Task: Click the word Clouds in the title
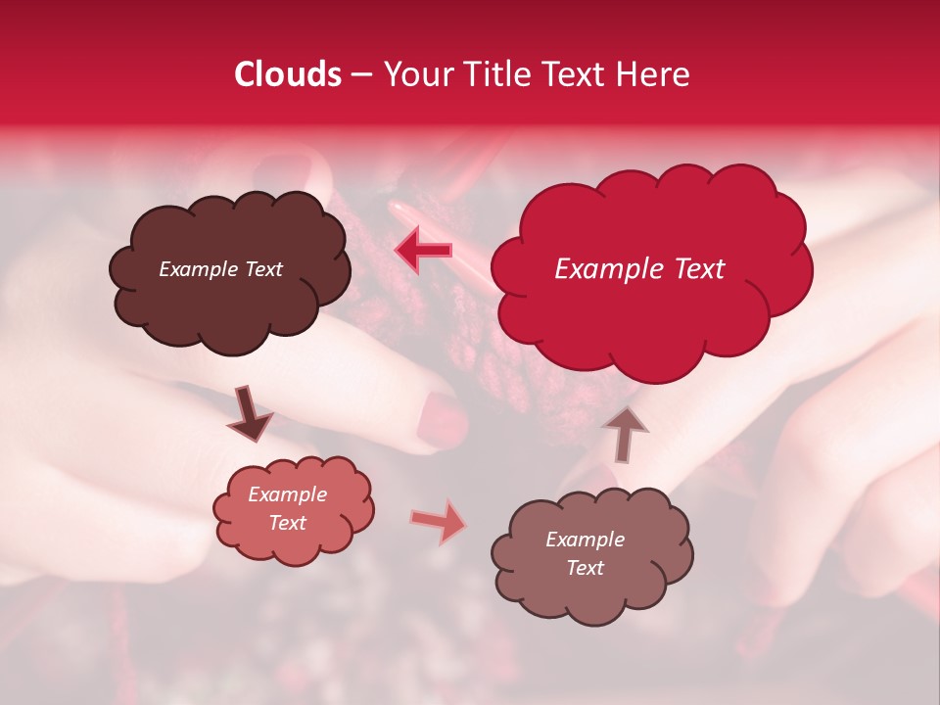click(288, 74)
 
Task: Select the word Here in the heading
click(653, 74)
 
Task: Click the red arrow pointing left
click(423, 250)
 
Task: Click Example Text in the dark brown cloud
click(220, 269)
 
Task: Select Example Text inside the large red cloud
click(639, 269)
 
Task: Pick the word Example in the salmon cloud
click(288, 494)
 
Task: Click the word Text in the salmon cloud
click(288, 523)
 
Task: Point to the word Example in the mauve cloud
click(585, 540)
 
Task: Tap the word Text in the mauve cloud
click(585, 568)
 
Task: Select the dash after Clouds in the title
click(360, 75)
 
